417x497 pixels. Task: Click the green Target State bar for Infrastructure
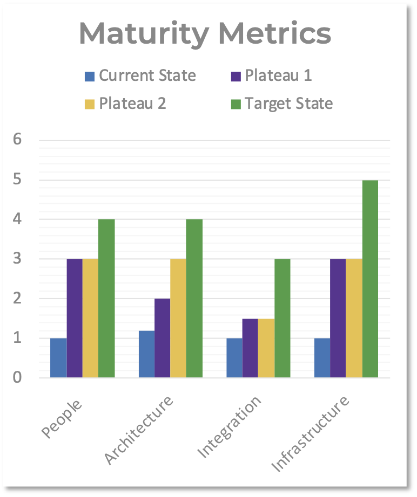(370, 279)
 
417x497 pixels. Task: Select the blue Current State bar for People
(58, 358)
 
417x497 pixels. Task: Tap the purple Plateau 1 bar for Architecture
(163, 338)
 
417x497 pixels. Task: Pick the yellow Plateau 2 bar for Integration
(266, 348)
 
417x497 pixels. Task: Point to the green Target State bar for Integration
(283, 318)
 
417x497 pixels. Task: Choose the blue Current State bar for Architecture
(147, 354)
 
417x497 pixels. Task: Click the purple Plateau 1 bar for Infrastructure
(338, 318)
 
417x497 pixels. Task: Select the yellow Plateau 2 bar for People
(91, 318)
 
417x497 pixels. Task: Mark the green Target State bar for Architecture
(194, 298)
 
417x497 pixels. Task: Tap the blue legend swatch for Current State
(90, 76)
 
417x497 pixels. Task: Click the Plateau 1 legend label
(279, 75)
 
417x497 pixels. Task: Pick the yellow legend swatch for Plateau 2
(90, 103)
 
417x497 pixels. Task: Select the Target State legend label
(289, 103)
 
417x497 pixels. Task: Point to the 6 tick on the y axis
(17, 140)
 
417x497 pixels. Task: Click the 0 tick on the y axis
(17, 377)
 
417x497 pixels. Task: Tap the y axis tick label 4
(17, 219)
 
